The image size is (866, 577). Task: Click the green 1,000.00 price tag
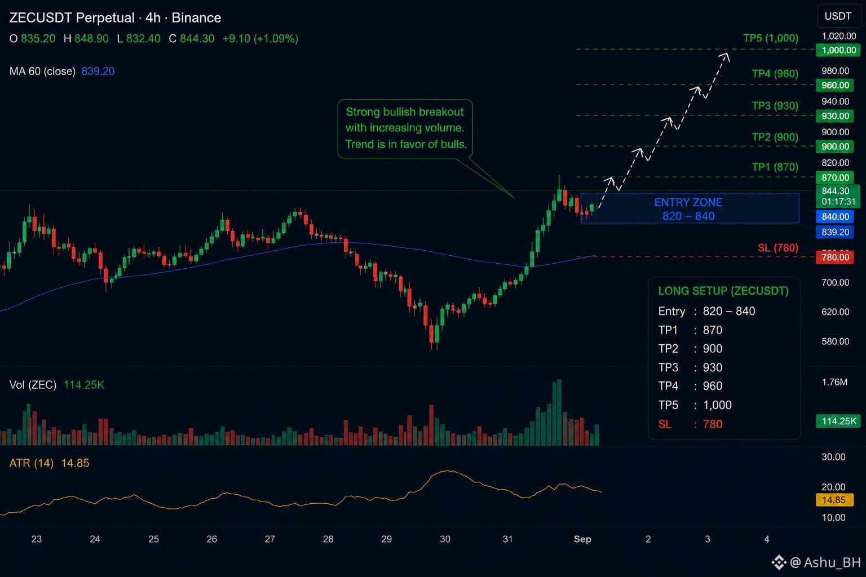838,50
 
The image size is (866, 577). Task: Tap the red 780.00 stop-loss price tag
834,257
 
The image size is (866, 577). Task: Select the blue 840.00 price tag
834,216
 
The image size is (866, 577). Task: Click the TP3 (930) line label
775,105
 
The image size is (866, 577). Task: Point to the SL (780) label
778,247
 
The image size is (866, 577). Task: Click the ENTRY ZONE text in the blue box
688,202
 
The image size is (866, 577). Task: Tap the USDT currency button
838,16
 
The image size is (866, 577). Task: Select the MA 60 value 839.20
98,71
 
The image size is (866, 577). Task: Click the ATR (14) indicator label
32,463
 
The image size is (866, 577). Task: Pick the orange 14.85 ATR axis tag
833,500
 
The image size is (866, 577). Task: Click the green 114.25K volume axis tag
838,421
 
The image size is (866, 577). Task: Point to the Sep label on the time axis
582,539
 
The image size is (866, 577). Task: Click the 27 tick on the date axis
270,539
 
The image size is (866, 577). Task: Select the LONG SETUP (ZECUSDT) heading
723,291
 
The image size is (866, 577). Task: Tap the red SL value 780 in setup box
713,424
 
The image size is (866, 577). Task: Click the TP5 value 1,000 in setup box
717,405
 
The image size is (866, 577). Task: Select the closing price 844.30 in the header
197,39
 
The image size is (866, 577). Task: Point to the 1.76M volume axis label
834,382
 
